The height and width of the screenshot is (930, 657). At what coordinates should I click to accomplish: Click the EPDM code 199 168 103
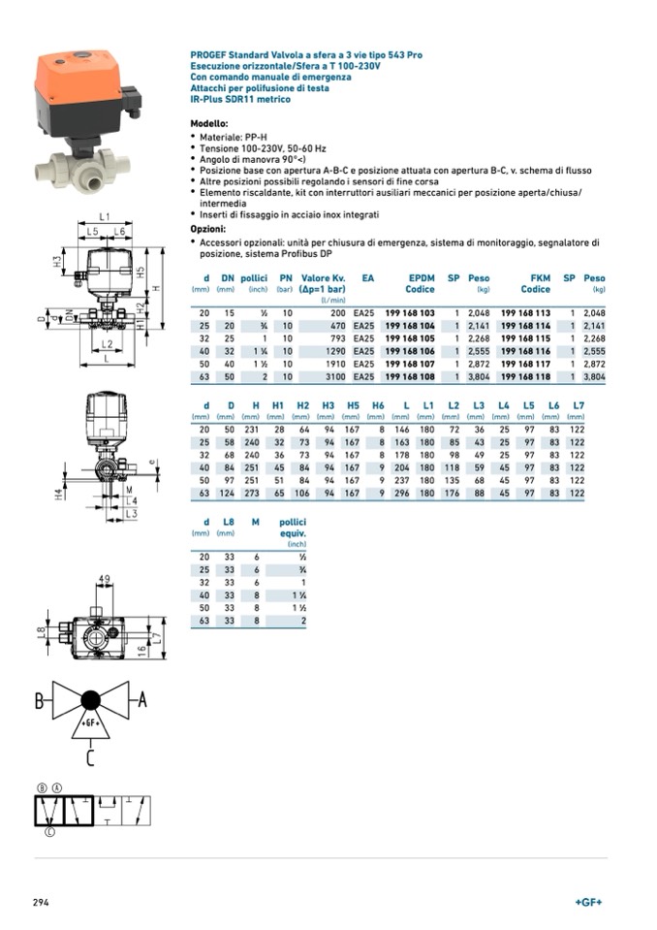tap(410, 313)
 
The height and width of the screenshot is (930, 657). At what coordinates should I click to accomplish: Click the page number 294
tap(42, 902)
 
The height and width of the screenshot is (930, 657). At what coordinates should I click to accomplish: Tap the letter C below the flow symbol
tap(90, 757)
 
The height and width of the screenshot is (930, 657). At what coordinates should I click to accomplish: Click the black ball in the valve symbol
tap(91, 700)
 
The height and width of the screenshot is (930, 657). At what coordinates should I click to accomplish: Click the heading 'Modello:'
tap(209, 124)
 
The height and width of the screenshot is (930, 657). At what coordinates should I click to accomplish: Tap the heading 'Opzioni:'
tap(208, 229)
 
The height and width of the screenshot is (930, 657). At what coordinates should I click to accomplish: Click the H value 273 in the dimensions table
tap(254, 493)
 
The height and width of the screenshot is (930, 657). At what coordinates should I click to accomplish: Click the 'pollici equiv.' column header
tap(293, 528)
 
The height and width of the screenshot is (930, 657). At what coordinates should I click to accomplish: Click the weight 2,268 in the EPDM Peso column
tap(478, 338)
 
